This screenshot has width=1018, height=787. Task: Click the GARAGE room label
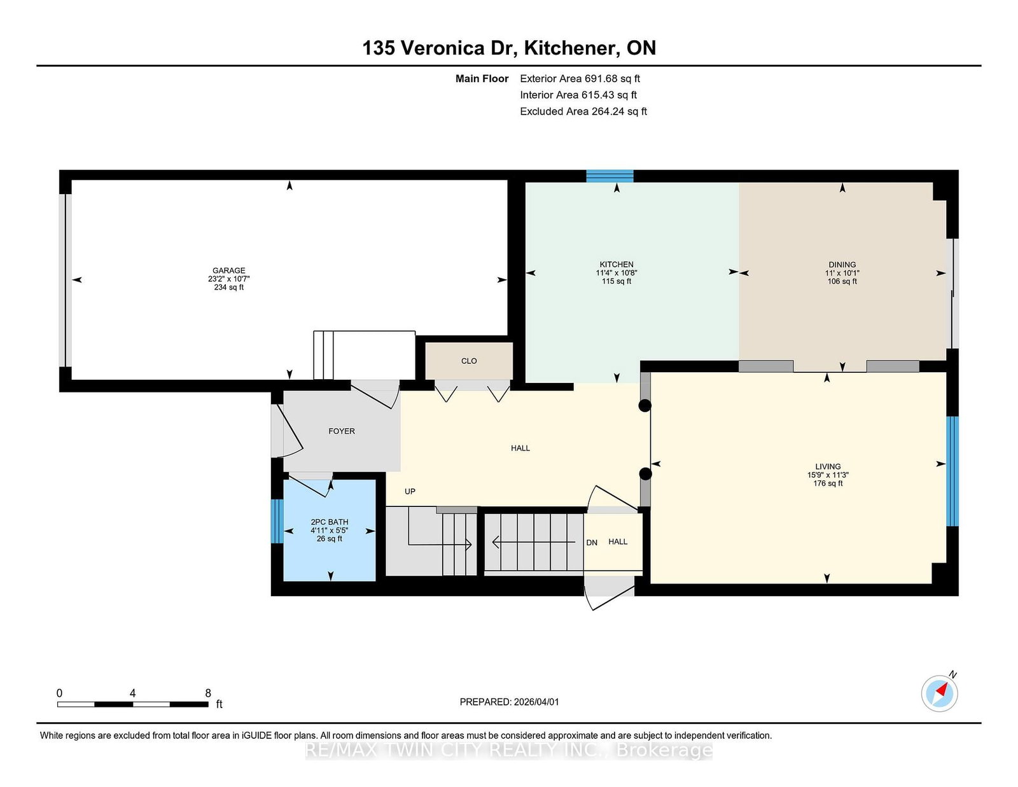pos(228,270)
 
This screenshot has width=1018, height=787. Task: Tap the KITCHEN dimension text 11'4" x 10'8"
pos(616,273)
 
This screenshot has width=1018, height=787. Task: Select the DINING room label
pos(842,265)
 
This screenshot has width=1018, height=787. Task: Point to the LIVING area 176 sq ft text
pos(827,484)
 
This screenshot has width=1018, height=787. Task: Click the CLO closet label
pos(469,361)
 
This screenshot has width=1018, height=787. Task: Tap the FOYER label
pos(342,431)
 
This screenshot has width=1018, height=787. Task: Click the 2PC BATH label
pos(329,522)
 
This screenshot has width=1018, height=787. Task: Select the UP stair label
pos(410,491)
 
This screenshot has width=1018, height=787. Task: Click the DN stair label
pos(592,543)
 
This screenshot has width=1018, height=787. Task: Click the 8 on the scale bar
pos(208,693)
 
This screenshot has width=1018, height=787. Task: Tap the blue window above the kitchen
pos(610,176)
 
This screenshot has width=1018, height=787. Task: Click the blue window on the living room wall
pos(952,471)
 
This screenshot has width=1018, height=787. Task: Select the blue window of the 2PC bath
pos(277,521)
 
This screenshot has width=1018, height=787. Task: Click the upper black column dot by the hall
pos(645,406)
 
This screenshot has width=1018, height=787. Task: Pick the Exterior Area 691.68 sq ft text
pos(580,79)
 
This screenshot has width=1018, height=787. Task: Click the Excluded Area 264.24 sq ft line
pos(583,111)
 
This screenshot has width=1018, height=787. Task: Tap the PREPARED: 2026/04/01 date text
pos(509,702)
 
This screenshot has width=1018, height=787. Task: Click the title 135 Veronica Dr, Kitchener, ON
pos(509,48)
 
